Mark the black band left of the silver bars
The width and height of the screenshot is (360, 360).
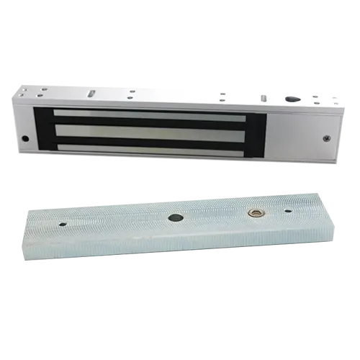click(43, 130)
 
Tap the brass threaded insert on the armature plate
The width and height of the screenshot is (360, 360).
click(253, 214)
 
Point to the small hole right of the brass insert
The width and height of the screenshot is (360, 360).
click(287, 212)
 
